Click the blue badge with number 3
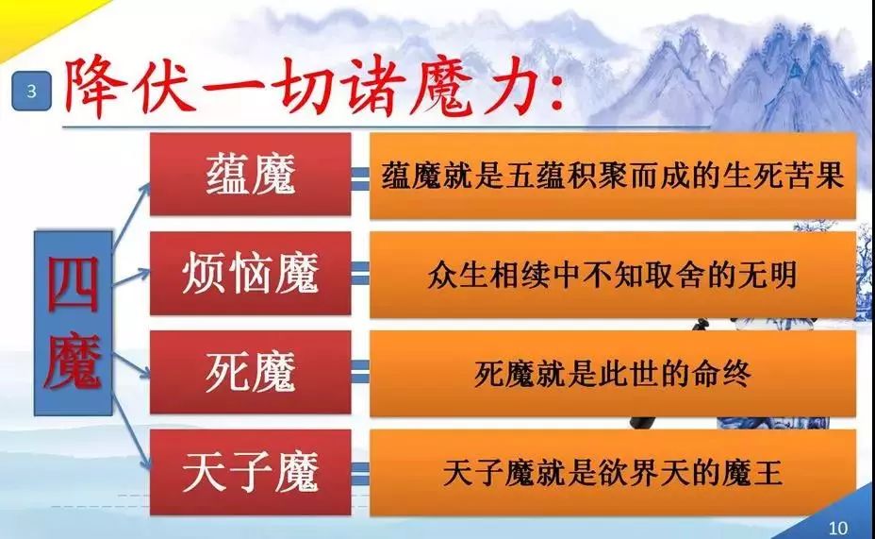32,91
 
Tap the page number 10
837,528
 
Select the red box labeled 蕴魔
251,175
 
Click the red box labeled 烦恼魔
251,273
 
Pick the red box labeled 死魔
251,372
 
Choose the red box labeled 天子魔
251,472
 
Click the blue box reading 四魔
74,323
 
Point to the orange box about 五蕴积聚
613,175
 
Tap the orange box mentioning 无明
613,275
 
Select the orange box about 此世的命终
613,373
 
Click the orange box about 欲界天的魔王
613,472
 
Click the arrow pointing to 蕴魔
132,215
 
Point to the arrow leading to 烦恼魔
132,278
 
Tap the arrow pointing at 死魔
132,365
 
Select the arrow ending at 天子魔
132,431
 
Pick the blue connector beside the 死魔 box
360,372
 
